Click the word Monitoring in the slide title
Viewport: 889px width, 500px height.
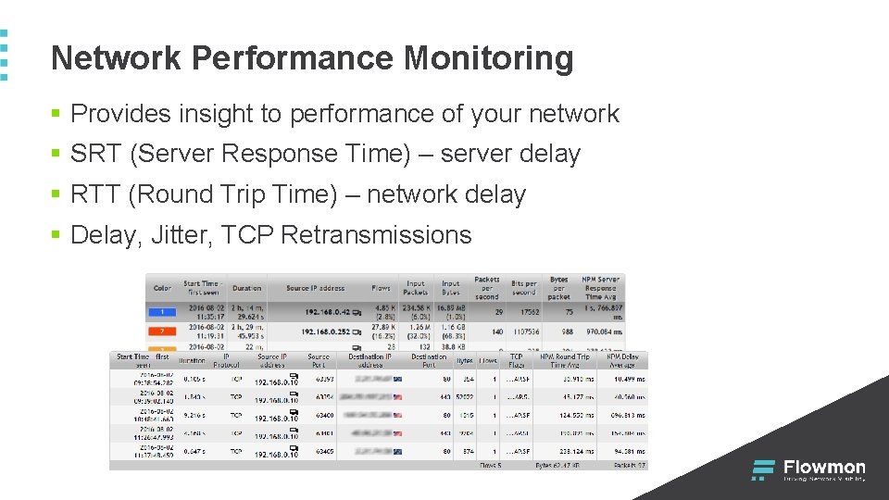coord(488,59)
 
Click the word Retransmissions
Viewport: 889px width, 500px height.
coord(376,235)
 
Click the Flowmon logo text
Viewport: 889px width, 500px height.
coord(824,467)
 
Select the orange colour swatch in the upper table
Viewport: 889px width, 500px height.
coord(162,330)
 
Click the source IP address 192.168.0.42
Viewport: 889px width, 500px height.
coord(329,313)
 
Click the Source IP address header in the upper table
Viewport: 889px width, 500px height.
coord(315,288)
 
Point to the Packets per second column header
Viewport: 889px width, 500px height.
coord(486,288)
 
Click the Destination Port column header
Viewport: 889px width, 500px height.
coord(429,359)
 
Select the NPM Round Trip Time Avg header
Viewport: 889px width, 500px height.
coord(565,360)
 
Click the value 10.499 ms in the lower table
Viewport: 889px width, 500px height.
coord(627,379)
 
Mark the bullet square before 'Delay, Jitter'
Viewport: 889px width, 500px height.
coord(56,236)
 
